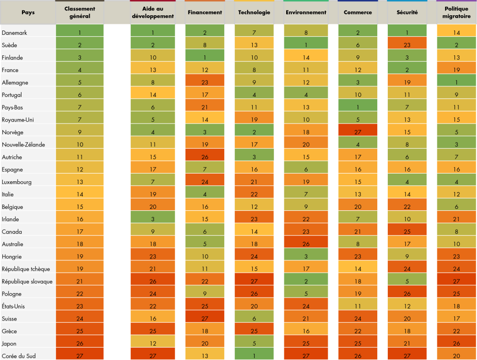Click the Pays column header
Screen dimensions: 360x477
coord(28,12)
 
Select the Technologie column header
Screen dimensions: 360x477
coord(254,12)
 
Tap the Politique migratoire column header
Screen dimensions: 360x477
coord(456,12)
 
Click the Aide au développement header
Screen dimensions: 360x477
coord(158,12)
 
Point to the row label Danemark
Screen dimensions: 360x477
coord(14,32)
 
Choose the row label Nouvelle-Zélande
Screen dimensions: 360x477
coord(23,144)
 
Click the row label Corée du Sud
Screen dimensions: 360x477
coord(20,356)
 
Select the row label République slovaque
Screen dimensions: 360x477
coord(27,281)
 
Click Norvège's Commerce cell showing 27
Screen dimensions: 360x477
coord(358,132)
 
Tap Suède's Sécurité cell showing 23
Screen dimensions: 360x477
coord(407,45)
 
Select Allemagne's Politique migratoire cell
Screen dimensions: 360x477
coord(456,82)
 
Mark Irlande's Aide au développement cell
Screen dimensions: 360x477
coord(158,219)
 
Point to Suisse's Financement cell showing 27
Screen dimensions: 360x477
coord(205,319)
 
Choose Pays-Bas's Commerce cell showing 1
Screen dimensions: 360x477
coord(358,107)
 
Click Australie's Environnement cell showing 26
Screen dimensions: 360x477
coord(305,244)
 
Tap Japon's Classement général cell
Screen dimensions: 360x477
coord(80,343)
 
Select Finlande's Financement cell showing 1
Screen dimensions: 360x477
coord(205,57)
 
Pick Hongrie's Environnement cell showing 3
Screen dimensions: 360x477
coord(305,257)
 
